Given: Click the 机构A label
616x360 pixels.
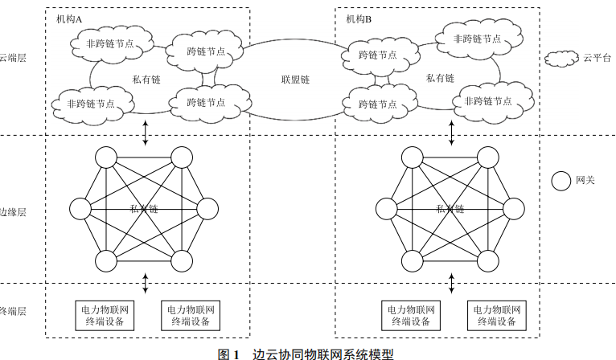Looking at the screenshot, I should point(70,18).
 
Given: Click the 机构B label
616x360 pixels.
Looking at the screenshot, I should point(359,18).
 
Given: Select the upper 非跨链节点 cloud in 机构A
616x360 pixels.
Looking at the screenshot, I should point(110,44).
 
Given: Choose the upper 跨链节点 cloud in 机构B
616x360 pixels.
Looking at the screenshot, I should point(378,55).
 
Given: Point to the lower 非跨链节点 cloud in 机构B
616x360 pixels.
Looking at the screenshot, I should point(483,102).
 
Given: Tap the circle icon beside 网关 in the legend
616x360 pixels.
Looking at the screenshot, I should point(560,181).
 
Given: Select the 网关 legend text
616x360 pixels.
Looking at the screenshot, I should point(585,181).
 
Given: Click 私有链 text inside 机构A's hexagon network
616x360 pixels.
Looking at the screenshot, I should point(144,209).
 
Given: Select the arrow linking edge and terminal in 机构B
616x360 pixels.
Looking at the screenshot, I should point(450,284).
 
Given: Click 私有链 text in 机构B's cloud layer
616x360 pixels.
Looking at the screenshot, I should point(440,79).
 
